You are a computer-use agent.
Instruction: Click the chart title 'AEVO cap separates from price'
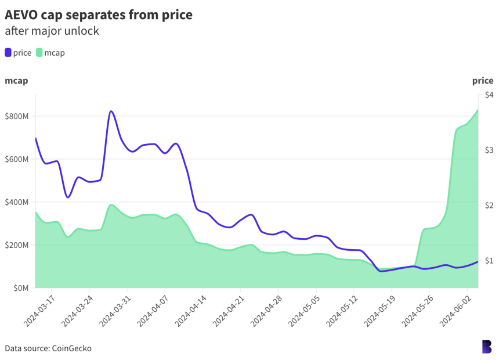tap(99, 15)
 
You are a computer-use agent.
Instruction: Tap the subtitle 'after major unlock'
tap(52, 31)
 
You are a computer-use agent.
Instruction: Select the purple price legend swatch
tap(8, 53)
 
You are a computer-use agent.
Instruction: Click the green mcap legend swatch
tap(39, 53)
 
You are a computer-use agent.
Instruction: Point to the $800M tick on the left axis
tap(16, 116)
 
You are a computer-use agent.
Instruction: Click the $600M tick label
tap(16, 159)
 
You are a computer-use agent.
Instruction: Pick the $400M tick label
tap(16, 202)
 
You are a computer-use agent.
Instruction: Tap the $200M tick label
tap(16, 245)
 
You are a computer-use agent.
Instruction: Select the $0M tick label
tap(20, 288)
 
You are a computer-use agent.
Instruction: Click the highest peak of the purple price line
tap(111, 111)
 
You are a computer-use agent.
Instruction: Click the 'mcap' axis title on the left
tap(16, 81)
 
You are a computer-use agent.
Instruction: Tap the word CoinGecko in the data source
tap(71, 348)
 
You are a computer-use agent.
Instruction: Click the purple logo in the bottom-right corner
tap(486, 347)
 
